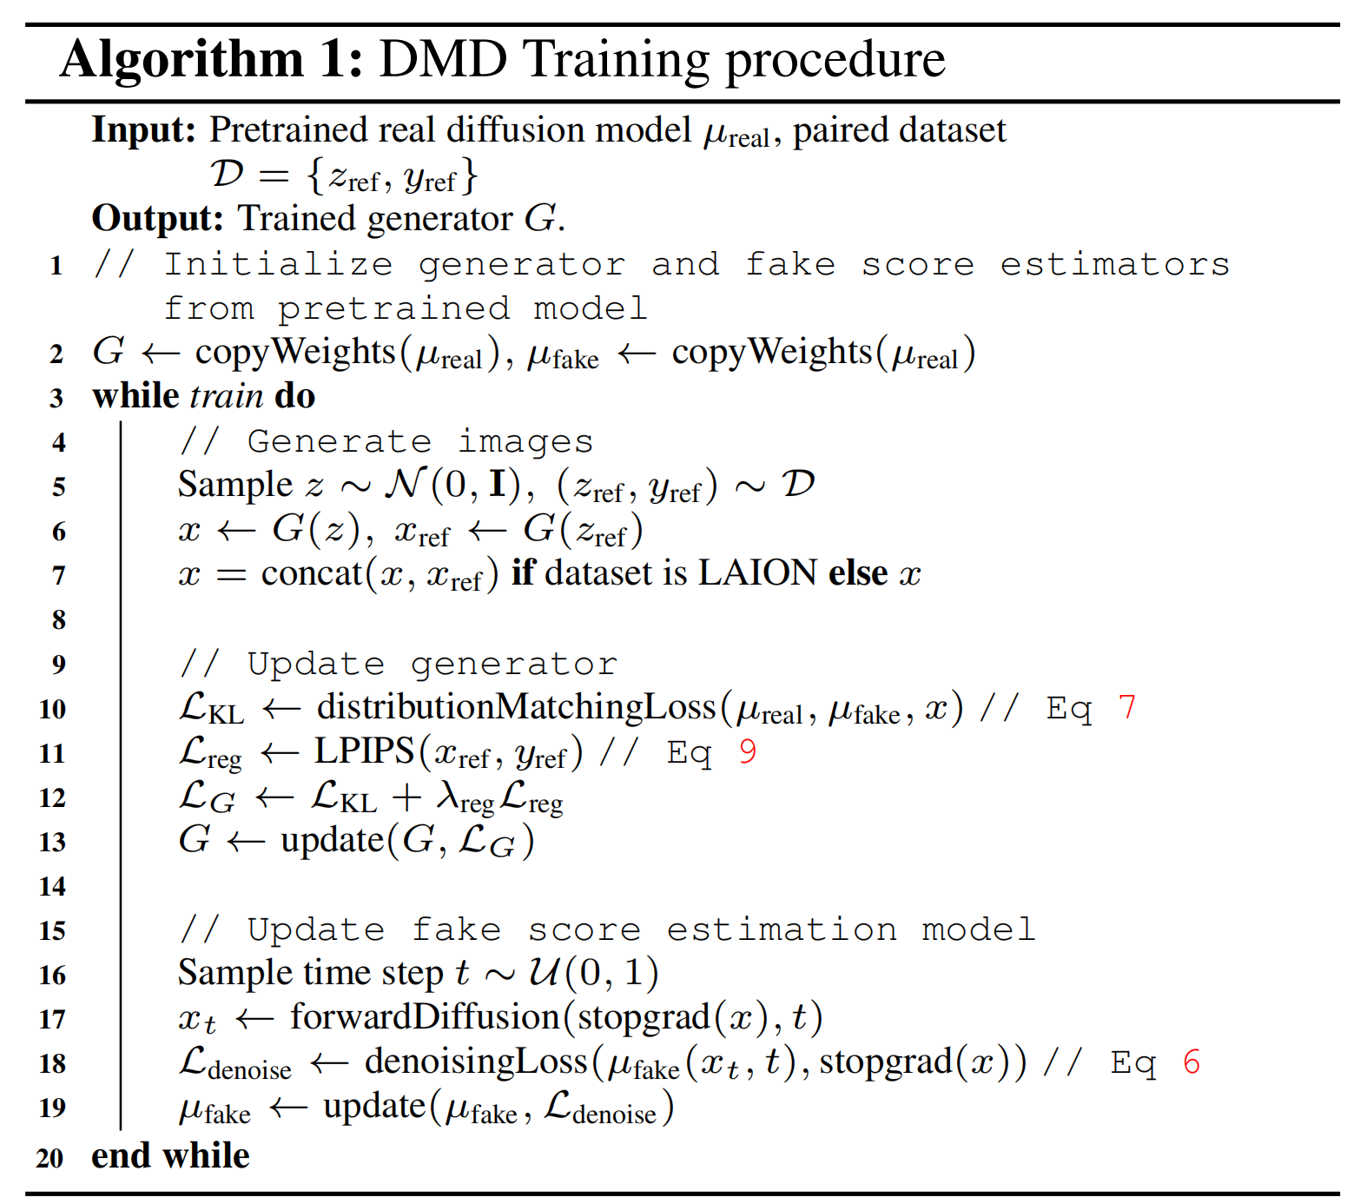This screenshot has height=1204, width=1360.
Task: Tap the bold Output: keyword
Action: click(158, 219)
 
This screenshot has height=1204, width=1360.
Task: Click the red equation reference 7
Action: click(1127, 708)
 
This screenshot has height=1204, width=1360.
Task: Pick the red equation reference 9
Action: click(748, 752)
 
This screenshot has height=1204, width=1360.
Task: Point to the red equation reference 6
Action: click(1192, 1062)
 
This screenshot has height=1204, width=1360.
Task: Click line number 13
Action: click(52, 842)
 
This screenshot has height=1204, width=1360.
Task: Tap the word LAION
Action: click(757, 573)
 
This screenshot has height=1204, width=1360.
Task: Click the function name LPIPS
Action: click(365, 751)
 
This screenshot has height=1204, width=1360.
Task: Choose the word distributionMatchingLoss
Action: click(516, 707)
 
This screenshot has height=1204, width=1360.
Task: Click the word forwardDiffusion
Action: click(425, 1017)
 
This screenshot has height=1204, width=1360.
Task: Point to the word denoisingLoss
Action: click(476, 1062)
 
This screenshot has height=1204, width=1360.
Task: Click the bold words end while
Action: click(170, 1156)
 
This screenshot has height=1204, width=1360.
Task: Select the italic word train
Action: click(227, 396)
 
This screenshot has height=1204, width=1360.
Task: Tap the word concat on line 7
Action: click(312, 573)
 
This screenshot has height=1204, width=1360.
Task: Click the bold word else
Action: click(858, 573)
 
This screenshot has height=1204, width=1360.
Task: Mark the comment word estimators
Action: click(1115, 264)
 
